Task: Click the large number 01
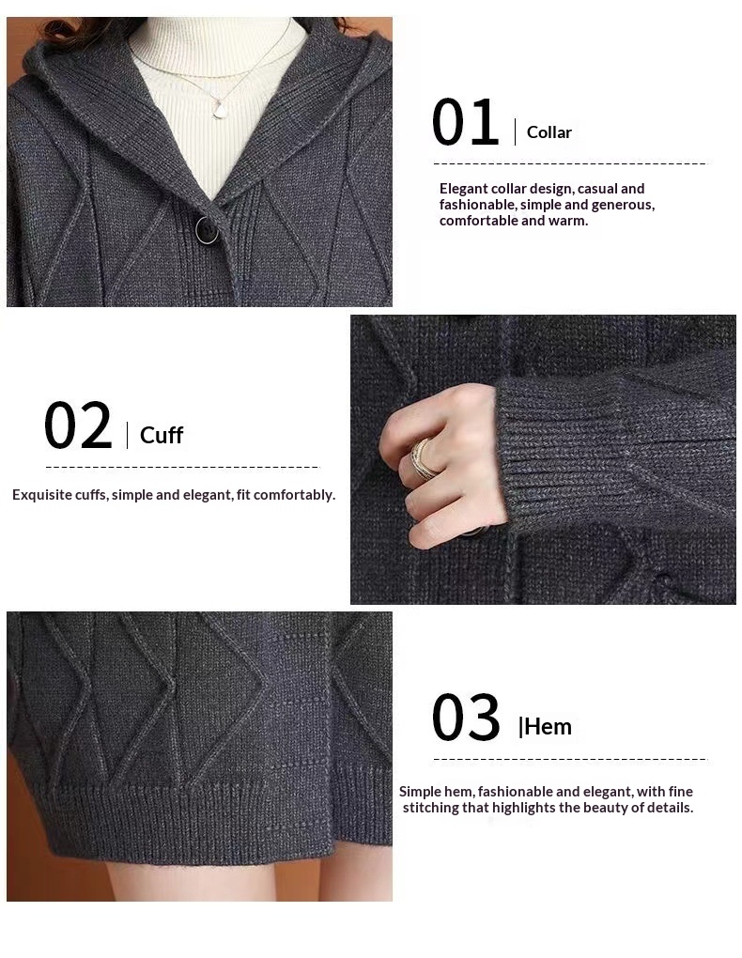click(465, 122)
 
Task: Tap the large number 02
click(78, 425)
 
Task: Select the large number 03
click(466, 718)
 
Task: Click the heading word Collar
click(549, 132)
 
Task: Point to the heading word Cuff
click(162, 435)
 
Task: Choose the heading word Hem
click(548, 726)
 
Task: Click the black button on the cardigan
click(207, 230)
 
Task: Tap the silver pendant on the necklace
click(219, 111)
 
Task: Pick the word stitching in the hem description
click(429, 808)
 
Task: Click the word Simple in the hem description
click(420, 792)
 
